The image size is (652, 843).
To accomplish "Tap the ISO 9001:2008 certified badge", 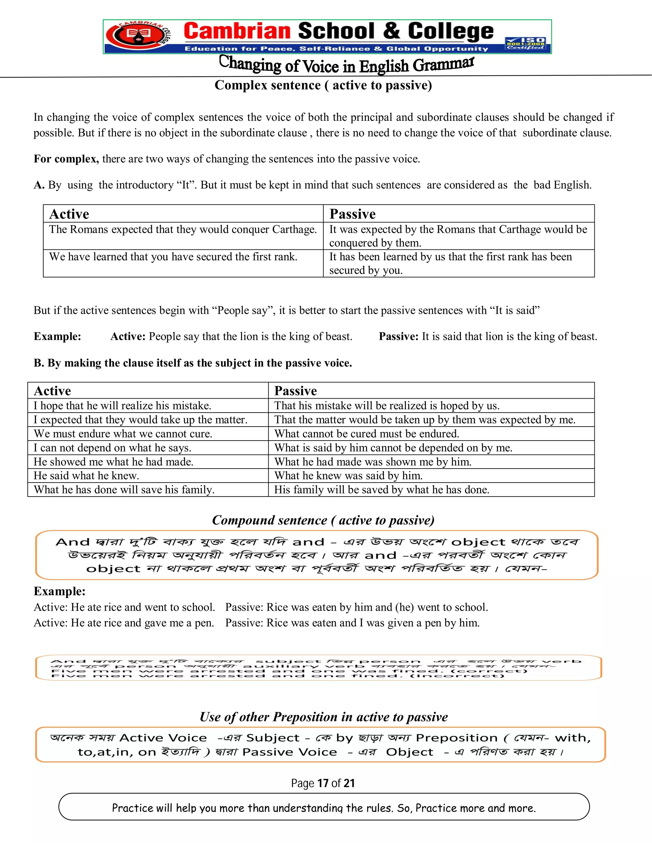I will pyautogui.click(x=526, y=43).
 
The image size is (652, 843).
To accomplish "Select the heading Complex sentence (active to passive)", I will pyautogui.click(x=323, y=85).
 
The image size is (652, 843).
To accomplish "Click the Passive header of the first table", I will pyautogui.click(x=352, y=214).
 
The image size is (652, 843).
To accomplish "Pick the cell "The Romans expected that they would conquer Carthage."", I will pyautogui.click(x=183, y=230).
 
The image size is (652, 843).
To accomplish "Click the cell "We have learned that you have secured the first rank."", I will pyautogui.click(x=173, y=257).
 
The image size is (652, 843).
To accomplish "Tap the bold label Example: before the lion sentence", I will pyautogui.click(x=57, y=337).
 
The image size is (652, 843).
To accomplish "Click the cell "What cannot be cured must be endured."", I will pyautogui.click(x=366, y=434).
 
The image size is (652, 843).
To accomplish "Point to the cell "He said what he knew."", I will pyautogui.click(x=87, y=476).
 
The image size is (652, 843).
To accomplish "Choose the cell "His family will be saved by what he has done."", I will pyautogui.click(x=382, y=490).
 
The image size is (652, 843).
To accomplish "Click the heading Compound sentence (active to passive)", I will pyautogui.click(x=323, y=520).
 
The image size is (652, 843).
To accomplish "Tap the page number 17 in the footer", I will pyautogui.click(x=322, y=783).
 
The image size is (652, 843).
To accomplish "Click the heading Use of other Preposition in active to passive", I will pyautogui.click(x=323, y=717).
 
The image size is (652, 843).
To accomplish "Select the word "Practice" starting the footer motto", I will pyautogui.click(x=128, y=808).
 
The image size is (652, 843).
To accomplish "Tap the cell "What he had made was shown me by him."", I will pyautogui.click(x=373, y=462).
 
